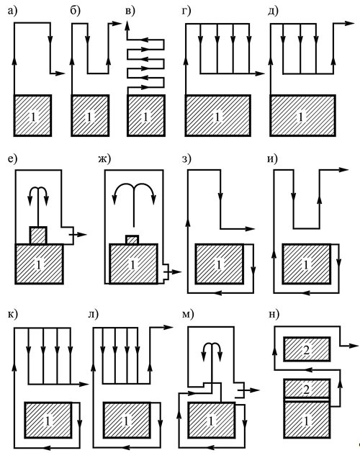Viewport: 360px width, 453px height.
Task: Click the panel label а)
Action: coord(12,11)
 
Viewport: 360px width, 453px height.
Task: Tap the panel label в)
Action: coord(130,11)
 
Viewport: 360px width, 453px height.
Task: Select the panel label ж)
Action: coord(104,159)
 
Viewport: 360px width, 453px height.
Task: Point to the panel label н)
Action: coord(274,314)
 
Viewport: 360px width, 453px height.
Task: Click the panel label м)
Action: coord(188,314)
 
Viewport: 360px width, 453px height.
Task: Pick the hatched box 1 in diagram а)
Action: coord(32,115)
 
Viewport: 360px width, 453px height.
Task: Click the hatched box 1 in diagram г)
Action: coord(218,115)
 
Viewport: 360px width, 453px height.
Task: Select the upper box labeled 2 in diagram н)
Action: coord(307,349)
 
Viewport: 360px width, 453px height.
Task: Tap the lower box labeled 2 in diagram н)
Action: coord(307,389)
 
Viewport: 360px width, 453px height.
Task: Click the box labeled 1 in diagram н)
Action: coord(307,419)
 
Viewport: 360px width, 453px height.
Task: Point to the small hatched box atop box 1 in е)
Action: coord(38,236)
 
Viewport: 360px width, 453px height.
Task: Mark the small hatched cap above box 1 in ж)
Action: coord(132,240)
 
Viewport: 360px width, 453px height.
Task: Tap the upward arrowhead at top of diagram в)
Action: coord(127,27)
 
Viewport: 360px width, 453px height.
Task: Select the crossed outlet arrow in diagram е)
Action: coord(78,235)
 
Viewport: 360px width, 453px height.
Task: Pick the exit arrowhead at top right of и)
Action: coord(344,170)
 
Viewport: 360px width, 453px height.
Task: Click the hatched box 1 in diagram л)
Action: coord(127,420)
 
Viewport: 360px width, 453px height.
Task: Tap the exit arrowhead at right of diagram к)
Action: coord(84,384)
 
